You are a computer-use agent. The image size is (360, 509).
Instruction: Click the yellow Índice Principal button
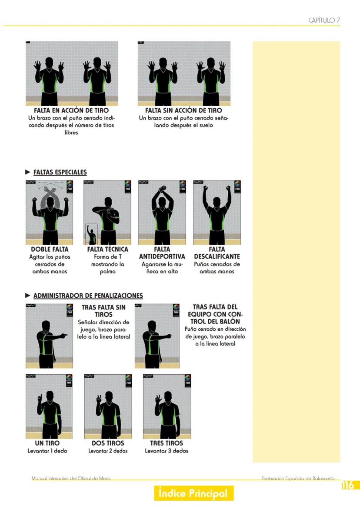[193, 493]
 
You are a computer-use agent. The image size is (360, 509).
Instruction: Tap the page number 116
[348, 485]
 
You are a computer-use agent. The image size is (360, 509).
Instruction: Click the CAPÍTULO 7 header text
[324, 20]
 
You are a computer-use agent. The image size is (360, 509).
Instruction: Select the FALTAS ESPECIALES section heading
[60, 172]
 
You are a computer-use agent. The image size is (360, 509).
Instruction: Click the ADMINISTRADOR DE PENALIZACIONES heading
[88, 296]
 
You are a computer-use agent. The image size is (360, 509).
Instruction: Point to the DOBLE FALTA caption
[50, 250]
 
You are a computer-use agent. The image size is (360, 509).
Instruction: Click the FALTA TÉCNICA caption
[107, 250]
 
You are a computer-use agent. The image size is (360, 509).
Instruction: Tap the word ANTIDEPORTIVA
[162, 256]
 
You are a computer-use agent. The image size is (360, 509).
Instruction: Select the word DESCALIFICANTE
[217, 256]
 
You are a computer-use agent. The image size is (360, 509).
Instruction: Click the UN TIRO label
[47, 443]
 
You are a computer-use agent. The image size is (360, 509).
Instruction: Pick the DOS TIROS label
[108, 443]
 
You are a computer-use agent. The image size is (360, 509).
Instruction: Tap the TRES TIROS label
[167, 443]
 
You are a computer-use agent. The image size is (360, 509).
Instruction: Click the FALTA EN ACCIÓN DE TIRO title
[71, 110]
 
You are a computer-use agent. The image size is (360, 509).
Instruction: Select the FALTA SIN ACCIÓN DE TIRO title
[183, 110]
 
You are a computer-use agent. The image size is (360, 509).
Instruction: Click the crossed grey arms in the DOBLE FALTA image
[49, 193]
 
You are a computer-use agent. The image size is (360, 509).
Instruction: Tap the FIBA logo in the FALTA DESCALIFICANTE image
[237, 186]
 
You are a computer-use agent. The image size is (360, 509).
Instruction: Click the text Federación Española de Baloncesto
[298, 479]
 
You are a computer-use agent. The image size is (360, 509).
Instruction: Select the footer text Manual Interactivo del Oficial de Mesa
[71, 479]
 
